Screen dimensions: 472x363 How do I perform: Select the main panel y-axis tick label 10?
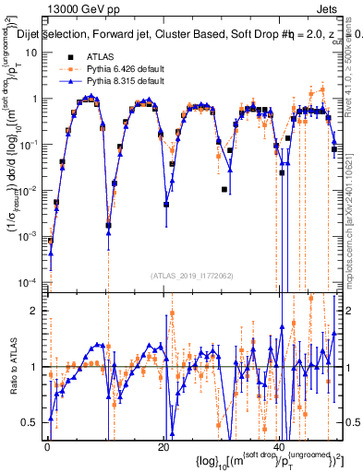30,53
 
